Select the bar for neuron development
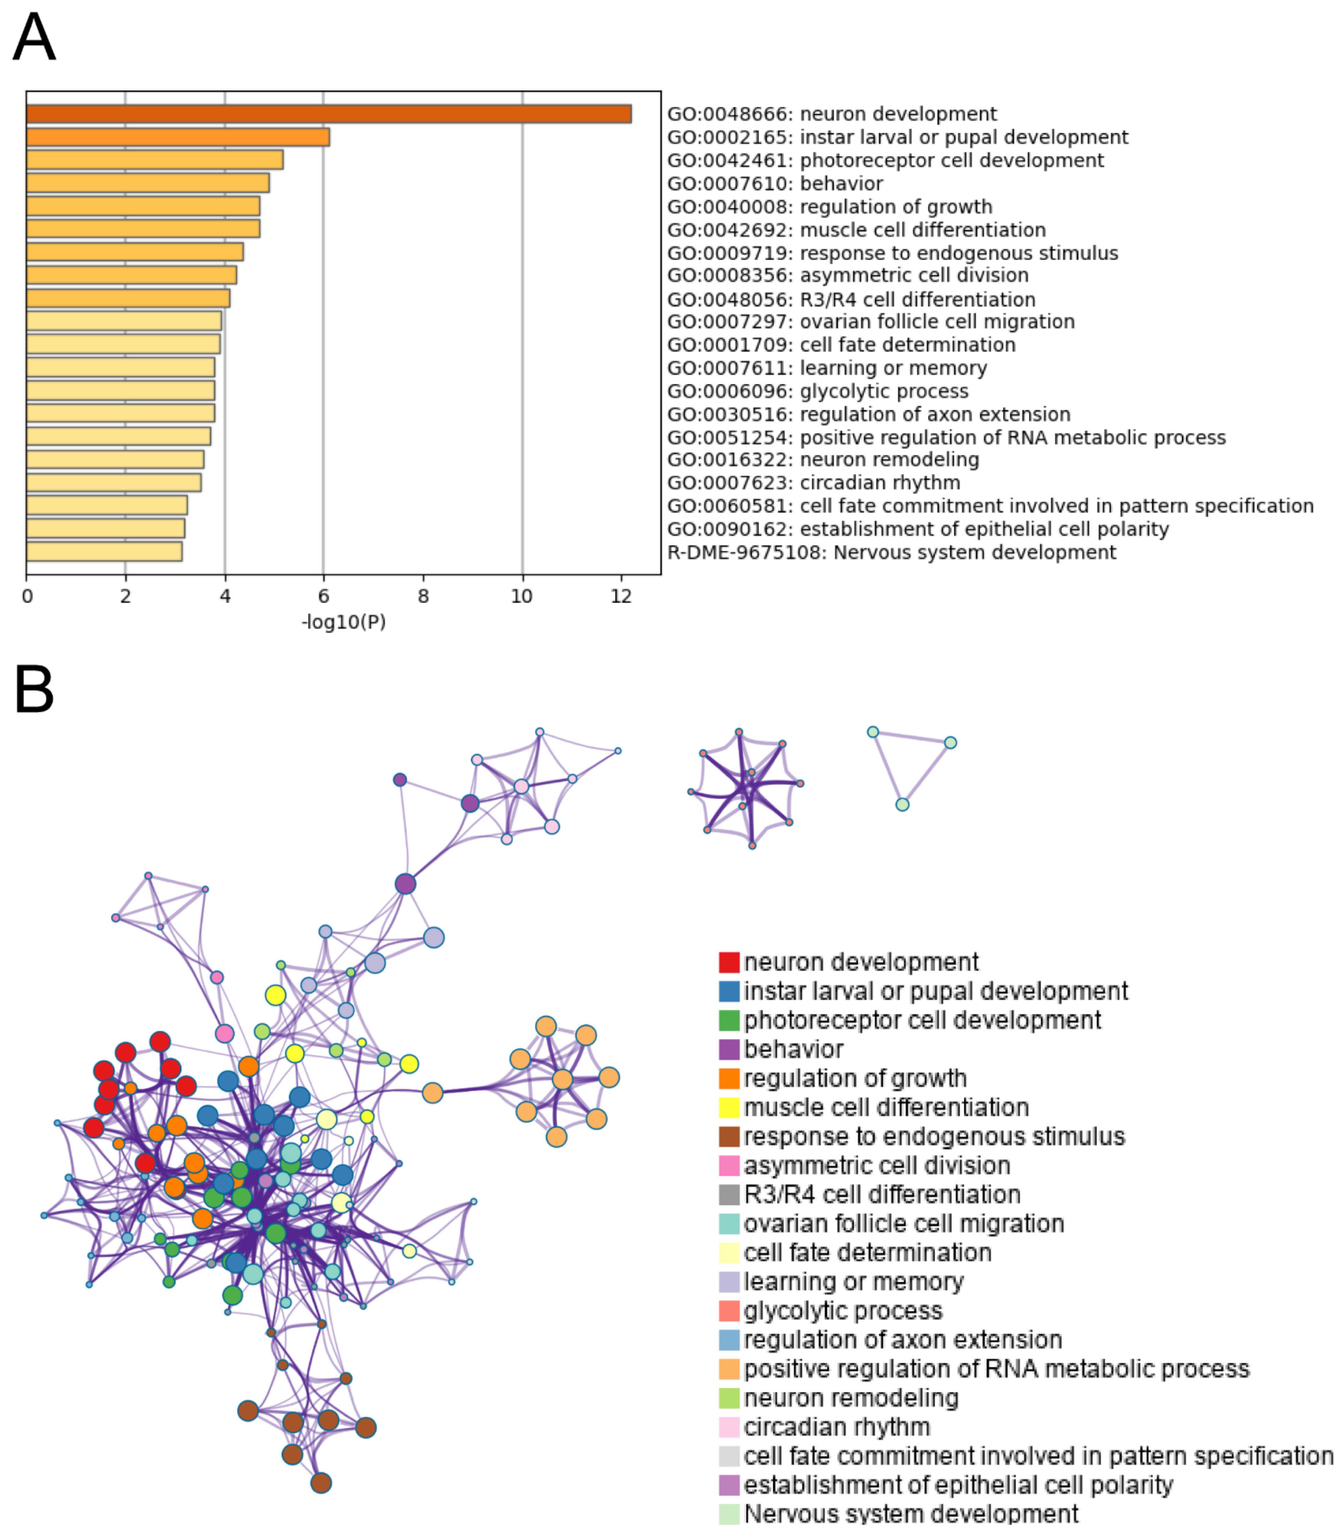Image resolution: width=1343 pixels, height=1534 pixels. (328, 114)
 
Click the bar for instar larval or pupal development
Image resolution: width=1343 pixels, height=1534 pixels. (178, 137)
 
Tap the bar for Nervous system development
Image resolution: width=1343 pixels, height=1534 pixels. (104, 552)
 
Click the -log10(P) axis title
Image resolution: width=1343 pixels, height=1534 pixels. (343, 622)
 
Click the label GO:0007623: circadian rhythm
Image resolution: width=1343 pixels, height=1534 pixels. (813, 483)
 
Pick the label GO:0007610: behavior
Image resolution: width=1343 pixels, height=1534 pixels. (775, 183)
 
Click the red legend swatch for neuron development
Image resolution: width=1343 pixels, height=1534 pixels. (728, 962)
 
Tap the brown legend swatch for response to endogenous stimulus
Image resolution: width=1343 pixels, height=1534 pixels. (728, 1137)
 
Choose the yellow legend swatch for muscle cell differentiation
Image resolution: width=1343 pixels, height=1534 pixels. (728, 1108)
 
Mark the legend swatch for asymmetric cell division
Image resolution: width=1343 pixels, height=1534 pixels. (728, 1166)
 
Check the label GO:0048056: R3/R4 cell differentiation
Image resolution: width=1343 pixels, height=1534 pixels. (851, 299)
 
